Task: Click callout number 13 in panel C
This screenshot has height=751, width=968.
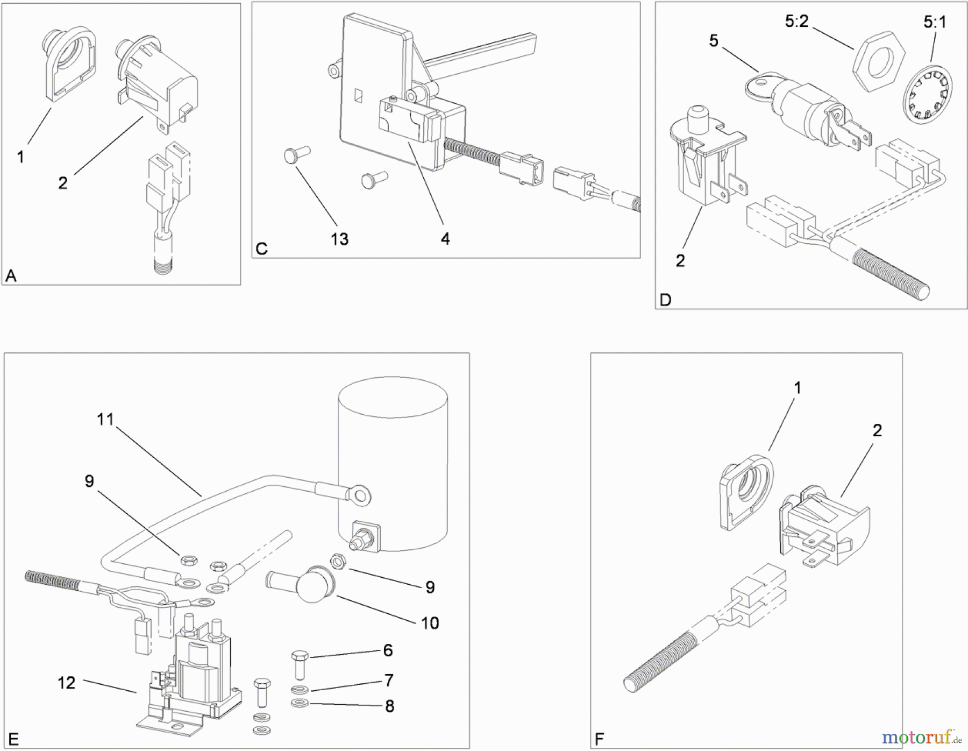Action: click(339, 239)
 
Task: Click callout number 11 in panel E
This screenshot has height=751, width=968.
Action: click(105, 419)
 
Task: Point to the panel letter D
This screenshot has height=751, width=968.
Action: click(665, 300)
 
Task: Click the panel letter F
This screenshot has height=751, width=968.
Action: click(600, 739)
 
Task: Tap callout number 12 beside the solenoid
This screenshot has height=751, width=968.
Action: click(66, 683)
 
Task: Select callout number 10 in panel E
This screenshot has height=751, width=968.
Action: click(430, 623)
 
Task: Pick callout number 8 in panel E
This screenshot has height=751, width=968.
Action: click(389, 706)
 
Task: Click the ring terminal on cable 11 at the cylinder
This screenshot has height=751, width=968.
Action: click(359, 493)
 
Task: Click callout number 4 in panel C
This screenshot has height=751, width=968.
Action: click(445, 239)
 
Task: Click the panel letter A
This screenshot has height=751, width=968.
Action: click(11, 276)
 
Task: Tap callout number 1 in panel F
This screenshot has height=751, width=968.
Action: click(798, 388)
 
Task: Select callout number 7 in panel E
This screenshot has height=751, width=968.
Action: click(389, 681)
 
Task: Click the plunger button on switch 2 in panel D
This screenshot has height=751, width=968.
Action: click(697, 115)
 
